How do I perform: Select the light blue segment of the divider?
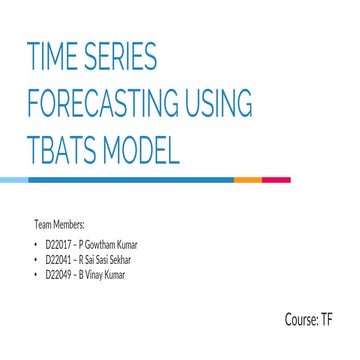(14, 180)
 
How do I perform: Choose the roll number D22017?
(58, 243)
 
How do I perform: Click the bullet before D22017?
(37, 243)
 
